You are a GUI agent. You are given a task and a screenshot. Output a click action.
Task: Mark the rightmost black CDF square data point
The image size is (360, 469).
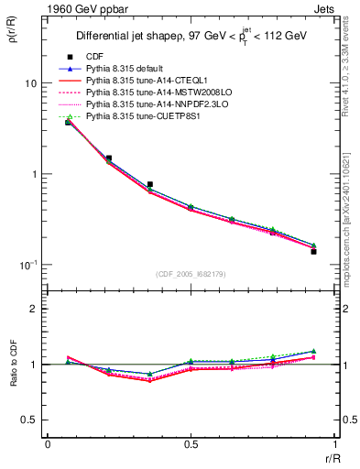click(313, 251)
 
